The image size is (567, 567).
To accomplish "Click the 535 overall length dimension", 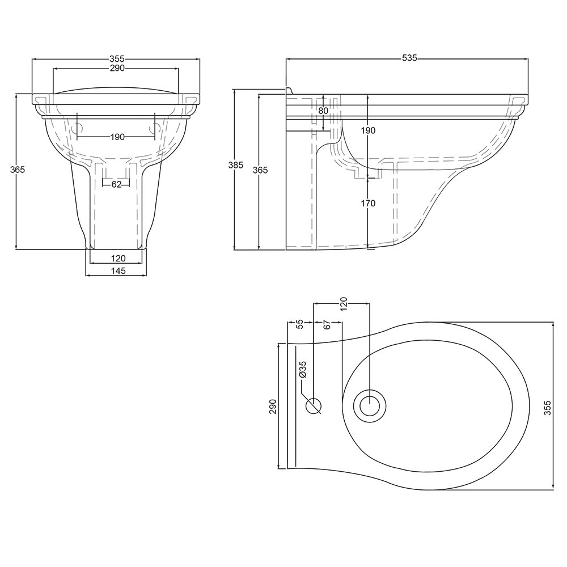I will [x=409, y=58].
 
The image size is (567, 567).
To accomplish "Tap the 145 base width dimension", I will [x=116, y=271].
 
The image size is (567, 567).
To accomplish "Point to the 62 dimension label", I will [x=116, y=184].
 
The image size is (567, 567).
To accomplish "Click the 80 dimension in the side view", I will [x=323, y=111].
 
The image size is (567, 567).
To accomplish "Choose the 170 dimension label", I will [x=369, y=203].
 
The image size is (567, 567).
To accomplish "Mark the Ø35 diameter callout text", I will [x=302, y=369].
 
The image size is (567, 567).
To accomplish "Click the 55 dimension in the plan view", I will [x=300, y=324].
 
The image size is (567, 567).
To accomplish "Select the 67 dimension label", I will [x=327, y=324].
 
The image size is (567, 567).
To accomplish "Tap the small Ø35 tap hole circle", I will [x=314, y=405].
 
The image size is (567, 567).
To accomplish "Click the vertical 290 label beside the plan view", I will [x=272, y=407].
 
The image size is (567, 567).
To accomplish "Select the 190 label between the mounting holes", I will [x=116, y=137].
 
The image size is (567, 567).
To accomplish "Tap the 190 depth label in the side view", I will [x=369, y=130].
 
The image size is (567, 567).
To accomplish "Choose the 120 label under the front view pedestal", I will [x=116, y=258].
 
